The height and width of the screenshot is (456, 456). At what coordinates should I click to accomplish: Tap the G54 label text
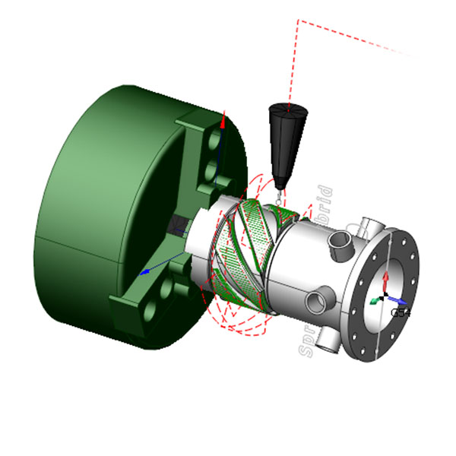[x=401, y=312]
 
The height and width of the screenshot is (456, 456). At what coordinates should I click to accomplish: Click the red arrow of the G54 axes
[x=386, y=280]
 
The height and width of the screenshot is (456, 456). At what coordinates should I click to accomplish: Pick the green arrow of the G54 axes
[x=375, y=301]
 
